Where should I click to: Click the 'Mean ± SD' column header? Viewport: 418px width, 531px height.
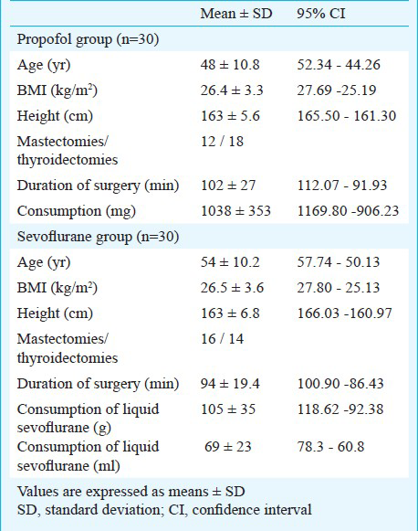pos(236,14)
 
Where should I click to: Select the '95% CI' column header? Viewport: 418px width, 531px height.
pos(321,14)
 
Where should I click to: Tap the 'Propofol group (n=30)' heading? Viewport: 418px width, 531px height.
pos(88,40)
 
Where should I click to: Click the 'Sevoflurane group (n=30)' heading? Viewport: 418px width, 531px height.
pos(98,237)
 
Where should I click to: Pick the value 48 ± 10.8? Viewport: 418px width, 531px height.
pos(230,65)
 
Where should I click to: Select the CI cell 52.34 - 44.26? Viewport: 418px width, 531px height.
pos(339,65)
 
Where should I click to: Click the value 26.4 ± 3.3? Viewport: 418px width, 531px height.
pos(232,90)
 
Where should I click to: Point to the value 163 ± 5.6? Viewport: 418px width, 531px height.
pos(230,116)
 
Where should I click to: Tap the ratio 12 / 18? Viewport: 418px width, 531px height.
pos(222,142)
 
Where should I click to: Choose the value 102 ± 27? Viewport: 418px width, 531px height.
pos(228,186)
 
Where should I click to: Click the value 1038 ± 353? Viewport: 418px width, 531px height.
pos(235,211)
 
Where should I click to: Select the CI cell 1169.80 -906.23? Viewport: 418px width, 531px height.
pos(348,211)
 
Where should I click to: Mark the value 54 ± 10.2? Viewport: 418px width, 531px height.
pos(230,262)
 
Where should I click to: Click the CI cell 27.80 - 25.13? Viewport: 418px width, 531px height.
pos(339,288)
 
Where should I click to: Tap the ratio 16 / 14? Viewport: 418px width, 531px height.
pos(222,339)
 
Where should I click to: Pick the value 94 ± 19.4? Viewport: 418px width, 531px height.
pos(230,384)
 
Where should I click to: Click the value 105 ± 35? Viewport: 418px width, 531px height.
pos(228,409)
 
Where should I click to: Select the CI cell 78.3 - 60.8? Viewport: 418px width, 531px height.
pos(330,447)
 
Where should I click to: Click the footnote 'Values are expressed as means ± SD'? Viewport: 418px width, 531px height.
pos(131,492)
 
